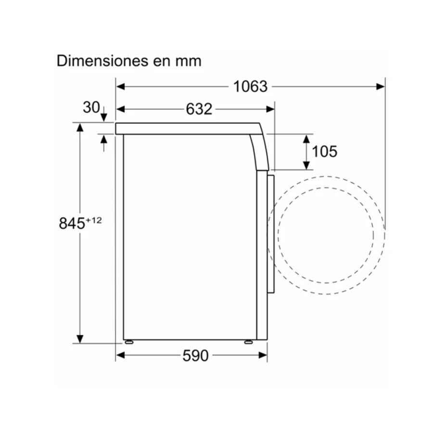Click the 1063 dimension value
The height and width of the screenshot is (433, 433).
[x=250, y=87]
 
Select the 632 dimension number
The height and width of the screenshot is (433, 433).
[x=199, y=109]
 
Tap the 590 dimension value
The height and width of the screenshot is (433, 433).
[x=196, y=356]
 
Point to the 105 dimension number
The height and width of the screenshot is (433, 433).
[x=324, y=152]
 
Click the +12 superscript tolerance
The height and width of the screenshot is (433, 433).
[x=94, y=220]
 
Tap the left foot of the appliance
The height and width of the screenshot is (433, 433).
[x=128, y=342]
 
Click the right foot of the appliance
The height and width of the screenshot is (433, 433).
[x=248, y=342]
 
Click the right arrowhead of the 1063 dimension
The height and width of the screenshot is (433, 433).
[x=381, y=87]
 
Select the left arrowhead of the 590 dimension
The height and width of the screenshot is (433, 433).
[x=120, y=356]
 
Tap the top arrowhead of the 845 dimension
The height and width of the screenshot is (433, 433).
[x=80, y=127]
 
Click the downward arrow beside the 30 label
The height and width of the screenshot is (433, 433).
[x=103, y=115]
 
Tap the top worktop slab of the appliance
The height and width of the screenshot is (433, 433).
[x=188, y=128]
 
